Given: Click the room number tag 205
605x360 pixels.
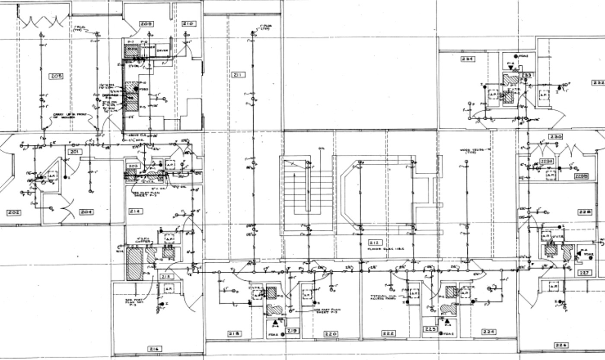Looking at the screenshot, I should point(56,76).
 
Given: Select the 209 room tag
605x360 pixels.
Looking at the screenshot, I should point(144,24).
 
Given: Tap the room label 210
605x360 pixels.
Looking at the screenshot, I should point(188,24).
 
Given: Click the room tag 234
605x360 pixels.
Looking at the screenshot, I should point(467,59).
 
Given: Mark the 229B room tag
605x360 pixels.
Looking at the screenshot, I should point(581,176).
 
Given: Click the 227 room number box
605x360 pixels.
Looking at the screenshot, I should point(584,273).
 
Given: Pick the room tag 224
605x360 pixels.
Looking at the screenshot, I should point(489,331).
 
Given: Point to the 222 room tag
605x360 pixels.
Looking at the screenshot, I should point(388,333).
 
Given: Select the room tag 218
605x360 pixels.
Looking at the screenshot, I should point(235,334).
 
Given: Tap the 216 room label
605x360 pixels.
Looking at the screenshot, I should point(154,349).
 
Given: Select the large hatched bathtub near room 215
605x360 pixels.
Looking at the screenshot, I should point(134,264).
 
